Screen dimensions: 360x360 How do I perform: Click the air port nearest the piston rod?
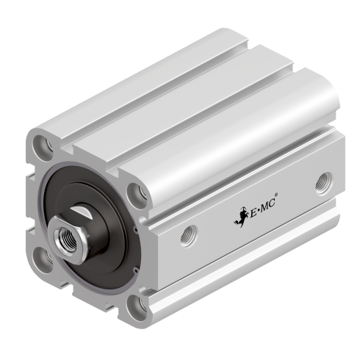point(187,235)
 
